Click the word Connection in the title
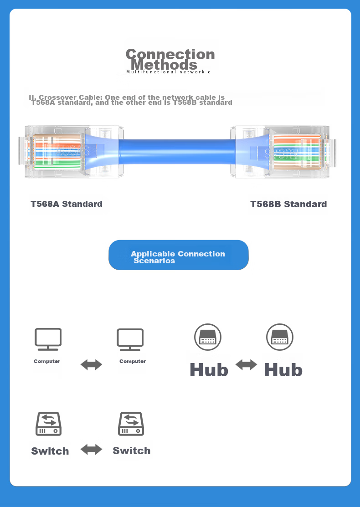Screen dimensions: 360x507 tap(170, 54)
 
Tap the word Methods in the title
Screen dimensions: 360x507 tap(164, 65)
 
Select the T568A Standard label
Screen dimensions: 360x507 tap(67, 204)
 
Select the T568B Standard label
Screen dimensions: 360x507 tap(288, 205)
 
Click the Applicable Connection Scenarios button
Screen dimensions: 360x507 tap(179, 255)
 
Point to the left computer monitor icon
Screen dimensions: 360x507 tap(48, 339)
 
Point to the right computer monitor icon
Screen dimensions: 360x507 tap(130, 339)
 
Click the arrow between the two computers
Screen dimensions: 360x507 tap(91, 365)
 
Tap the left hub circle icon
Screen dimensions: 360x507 tap(208, 337)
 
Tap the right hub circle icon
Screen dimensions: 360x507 tap(280, 337)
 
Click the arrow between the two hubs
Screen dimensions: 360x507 tap(246, 365)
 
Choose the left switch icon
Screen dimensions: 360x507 tap(48, 424)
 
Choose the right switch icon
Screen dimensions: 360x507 tap(131, 424)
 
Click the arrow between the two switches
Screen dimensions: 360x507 tap(91, 450)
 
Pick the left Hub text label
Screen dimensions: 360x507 tap(209, 370)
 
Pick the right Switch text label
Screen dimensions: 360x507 tap(132, 451)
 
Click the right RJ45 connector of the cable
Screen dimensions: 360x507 tap(283, 152)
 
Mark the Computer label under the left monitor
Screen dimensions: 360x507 tap(47, 361)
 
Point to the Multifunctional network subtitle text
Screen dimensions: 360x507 tap(168, 72)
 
